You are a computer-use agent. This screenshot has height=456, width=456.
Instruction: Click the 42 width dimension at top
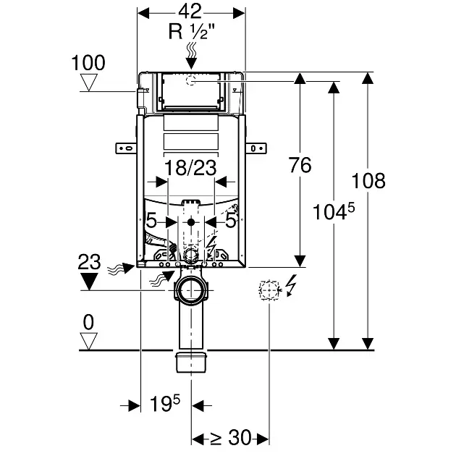click(x=190, y=12)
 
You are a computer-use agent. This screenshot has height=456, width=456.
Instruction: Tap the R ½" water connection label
click(x=192, y=31)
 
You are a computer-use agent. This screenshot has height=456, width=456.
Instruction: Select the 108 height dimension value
click(x=368, y=181)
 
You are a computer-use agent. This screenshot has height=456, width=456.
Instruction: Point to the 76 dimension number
click(x=300, y=165)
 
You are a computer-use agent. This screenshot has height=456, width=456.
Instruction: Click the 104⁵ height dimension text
click(x=334, y=211)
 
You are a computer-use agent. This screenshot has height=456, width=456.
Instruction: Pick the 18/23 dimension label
click(x=190, y=168)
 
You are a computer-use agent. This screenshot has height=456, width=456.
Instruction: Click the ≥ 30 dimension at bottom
click(x=230, y=437)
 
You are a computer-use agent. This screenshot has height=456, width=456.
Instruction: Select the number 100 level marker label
click(x=88, y=62)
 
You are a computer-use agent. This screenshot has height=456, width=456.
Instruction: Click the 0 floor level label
click(x=88, y=322)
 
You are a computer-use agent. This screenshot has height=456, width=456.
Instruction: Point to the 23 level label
click(x=89, y=262)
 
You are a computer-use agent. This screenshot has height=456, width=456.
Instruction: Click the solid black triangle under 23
click(x=89, y=282)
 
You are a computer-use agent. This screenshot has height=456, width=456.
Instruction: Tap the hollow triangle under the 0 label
click(x=88, y=341)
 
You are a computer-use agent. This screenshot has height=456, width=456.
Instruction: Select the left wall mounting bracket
click(x=126, y=148)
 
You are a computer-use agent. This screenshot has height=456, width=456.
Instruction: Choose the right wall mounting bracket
click(x=256, y=148)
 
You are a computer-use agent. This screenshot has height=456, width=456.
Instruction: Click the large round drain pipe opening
click(x=191, y=290)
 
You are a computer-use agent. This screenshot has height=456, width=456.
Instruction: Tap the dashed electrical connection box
click(x=269, y=290)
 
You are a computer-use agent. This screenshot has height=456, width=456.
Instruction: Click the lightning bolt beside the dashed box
click(x=292, y=285)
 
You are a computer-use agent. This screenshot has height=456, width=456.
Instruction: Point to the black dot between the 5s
click(x=191, y=222)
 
